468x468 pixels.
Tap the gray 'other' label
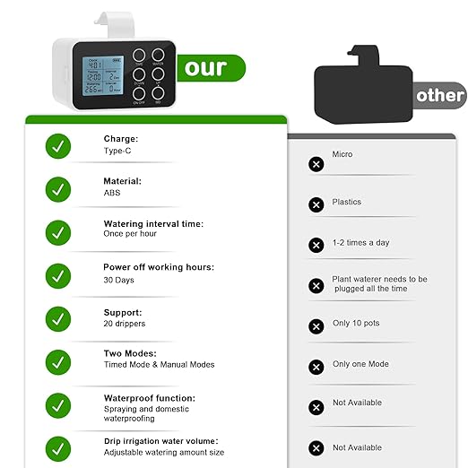coord(440,95)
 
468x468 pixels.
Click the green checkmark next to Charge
coord(58,146)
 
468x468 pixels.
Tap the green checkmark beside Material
coord(58,188)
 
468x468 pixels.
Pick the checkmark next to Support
coord(58,318)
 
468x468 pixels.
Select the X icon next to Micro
coord(316,164)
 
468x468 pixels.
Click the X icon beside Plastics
coord(316,205)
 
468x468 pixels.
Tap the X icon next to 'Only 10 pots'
coord(316,326)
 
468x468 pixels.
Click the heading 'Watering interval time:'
coord(153,223)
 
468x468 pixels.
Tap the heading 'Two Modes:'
coord(130,353)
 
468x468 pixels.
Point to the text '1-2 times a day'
coord(360,243)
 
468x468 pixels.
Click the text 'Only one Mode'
coord(360,364)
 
